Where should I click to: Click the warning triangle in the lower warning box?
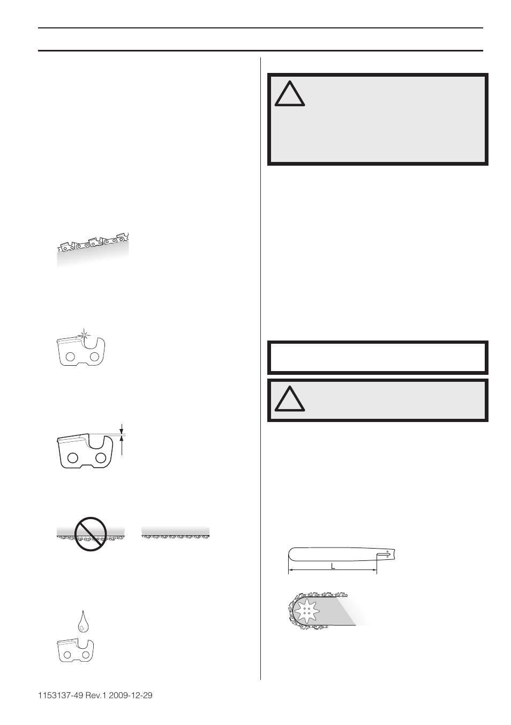point(290,397)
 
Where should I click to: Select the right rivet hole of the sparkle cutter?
point(94,356)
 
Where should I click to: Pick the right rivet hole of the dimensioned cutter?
point(100,457)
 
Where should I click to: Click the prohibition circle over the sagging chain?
point(89,534)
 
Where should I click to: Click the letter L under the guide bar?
point(333,566)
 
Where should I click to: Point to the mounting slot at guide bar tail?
point(384,556)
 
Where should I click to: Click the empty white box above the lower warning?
point(377,357)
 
